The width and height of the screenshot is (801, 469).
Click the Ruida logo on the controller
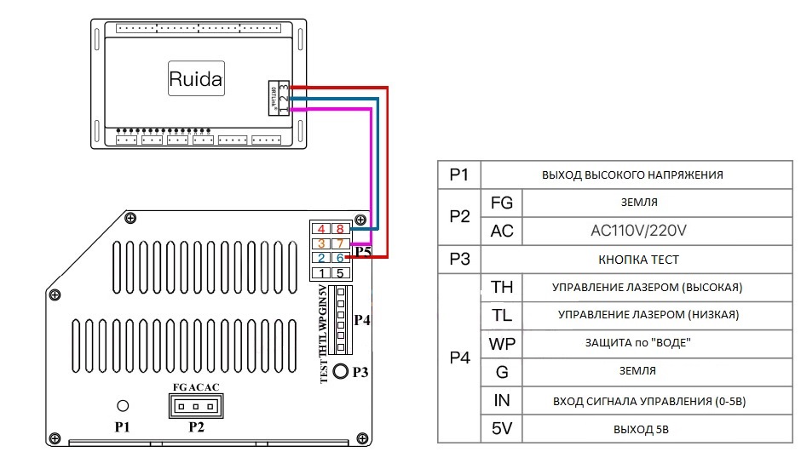[195, 80]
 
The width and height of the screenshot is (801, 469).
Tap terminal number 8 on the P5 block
[340, 229]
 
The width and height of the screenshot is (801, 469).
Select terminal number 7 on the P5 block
[340, 243]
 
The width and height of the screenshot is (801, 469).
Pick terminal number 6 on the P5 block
[340, 258]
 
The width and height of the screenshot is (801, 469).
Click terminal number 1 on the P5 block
[321, 273]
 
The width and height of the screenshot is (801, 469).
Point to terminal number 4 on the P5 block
[321, 229]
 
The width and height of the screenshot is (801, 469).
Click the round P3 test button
[341, 372]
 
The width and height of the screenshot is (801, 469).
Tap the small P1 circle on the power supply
[123, 406]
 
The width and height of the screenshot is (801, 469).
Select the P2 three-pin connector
[196, 406]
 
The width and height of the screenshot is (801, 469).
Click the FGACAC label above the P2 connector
[196, 387]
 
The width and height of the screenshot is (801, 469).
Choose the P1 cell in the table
[459, 175]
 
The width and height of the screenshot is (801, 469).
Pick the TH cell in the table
[502, 287]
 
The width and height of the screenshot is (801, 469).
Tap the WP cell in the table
[502, 343]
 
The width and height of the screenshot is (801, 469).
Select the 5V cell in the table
[502, 428]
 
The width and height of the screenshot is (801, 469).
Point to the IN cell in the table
[502, 400]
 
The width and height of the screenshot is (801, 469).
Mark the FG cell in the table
[502, 203]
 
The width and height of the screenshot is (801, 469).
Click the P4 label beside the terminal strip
[362, 320]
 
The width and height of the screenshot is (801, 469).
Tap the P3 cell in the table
[459, 259]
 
